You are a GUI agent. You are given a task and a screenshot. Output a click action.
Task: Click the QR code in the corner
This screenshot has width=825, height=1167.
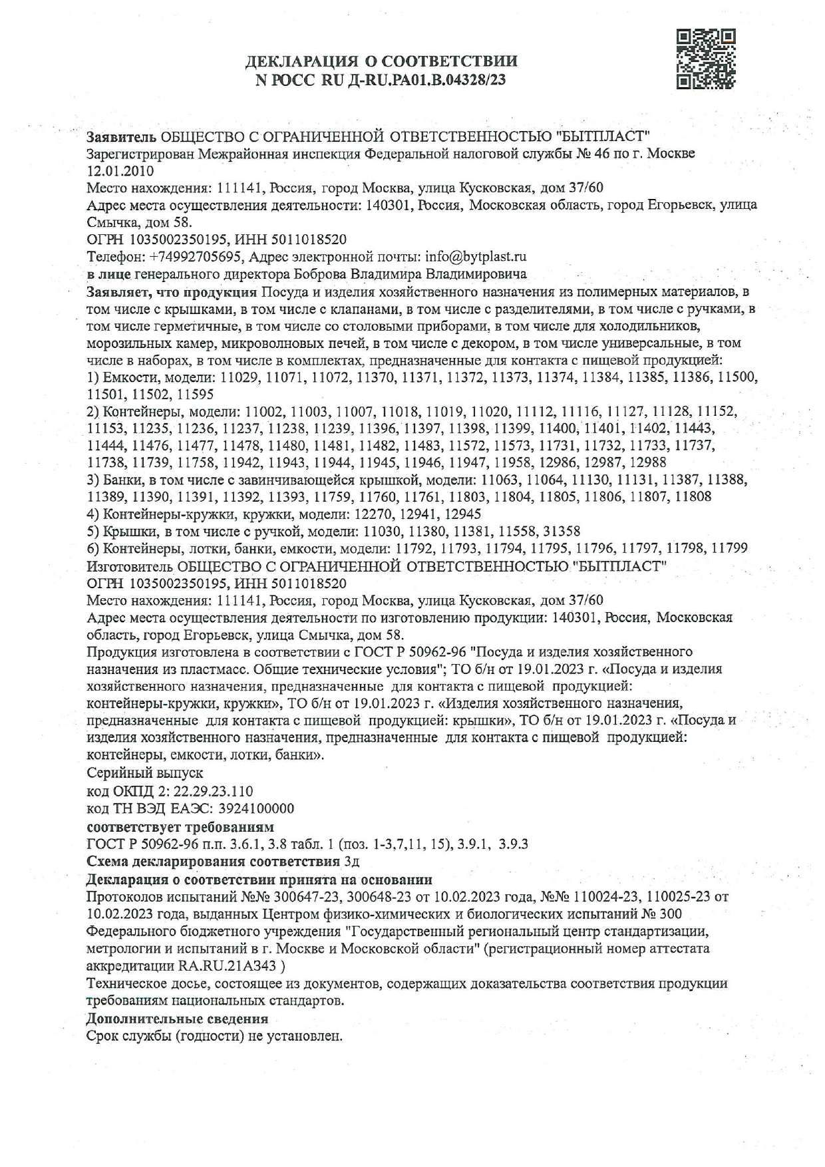pyautogui.click(x=706, y=59)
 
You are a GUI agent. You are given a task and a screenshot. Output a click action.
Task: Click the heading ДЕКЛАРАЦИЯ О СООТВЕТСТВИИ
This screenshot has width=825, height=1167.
pyautogui.click(x=381, y=62)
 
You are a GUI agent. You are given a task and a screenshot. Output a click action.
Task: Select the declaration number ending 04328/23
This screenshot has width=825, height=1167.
pyautogui.click(x=381, y=81)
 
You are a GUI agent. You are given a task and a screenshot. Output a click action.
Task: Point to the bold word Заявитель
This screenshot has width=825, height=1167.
pyautogui.click(x=122, y=137)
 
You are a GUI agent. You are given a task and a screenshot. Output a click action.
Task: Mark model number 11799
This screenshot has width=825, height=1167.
pyautogui.click(x=729, y=548)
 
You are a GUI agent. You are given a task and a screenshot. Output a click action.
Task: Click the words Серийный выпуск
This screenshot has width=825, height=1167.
pyautogui.click(x=145, y=773)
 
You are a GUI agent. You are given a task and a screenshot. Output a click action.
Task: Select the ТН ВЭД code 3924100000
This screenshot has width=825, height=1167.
pyautogui.click(x=256, y=808)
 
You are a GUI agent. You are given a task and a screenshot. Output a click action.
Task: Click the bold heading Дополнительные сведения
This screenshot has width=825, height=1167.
pyautogui.click(x=178, y=1019)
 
